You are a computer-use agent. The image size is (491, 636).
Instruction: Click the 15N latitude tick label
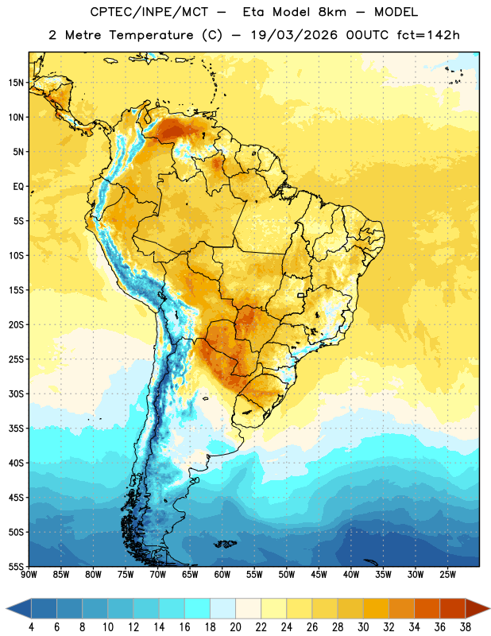click(x=16, y=83)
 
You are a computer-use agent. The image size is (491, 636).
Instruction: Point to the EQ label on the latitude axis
click(x=18, y=187)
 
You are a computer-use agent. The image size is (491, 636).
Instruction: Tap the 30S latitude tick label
click(x=16, y=394)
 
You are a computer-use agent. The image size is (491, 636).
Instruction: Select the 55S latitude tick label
click(x=16, y=566)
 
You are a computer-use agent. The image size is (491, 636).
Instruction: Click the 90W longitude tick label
click(x=29, y=574)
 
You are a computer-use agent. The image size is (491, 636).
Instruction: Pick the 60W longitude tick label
click(x=222, y=574)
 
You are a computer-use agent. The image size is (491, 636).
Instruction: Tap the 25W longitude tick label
click(x=447, y=574)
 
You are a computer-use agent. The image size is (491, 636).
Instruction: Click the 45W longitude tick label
click(x=319, y=574)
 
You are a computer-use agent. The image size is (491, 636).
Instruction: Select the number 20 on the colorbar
click(x=235, y=627)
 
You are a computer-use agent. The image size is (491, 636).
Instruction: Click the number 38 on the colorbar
click(x=466, y=627)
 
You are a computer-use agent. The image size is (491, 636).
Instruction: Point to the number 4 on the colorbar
click(x=31, y=627)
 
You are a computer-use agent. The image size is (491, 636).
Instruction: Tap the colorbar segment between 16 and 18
click(x=197, y=608)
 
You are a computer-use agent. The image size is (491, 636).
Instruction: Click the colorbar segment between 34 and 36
click(x=427, y=608)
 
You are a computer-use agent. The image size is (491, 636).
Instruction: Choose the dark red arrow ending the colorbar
click(x=477, y=608)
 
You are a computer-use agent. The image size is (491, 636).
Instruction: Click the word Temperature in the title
click(x=152, y=35)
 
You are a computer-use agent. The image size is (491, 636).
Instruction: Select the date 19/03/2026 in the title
click(x=294, y=35)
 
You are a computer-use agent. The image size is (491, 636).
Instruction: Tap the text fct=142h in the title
click(x=428, y=35)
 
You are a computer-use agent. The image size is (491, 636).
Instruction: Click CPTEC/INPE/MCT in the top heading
click(x=149, y=12)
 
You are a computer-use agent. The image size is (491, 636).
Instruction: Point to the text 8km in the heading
click(x=332, y=12)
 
